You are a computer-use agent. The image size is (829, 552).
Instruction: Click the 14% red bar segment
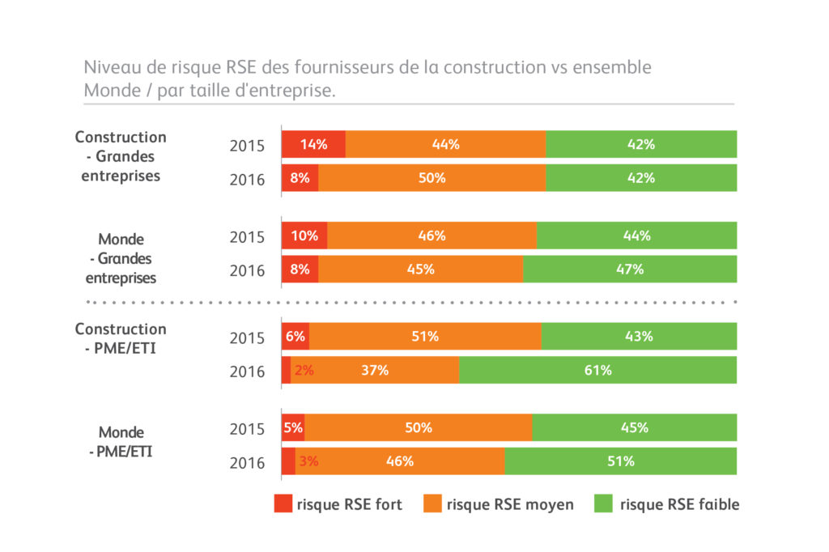coord(313,144)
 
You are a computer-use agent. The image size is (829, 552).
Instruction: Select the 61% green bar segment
coord(598,370)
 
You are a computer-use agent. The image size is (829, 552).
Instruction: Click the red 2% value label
coord(304,371)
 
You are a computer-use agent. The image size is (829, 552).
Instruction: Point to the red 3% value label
coord(308,461)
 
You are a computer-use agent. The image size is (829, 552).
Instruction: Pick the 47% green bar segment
coord(630,269)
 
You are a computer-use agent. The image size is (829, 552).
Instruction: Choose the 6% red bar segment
coord(295,336)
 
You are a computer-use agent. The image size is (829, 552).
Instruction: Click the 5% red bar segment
coord(293,427)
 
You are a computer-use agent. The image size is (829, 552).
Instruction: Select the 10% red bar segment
coord(304,236)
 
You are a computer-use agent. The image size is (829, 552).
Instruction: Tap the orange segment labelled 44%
coord(445,144)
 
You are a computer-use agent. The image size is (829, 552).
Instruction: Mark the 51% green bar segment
coord(621,461)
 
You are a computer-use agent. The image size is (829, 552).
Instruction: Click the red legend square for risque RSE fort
coord(283,503)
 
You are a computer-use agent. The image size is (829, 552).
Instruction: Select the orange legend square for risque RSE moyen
coord(432,503)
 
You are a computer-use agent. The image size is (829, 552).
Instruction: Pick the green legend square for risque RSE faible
coord(604,503)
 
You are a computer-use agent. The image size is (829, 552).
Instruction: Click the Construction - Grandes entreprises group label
coord(121,156)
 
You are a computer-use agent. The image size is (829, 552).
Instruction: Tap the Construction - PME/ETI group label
coord(121,338)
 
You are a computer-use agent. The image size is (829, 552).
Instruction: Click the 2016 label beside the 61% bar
coord(247,372)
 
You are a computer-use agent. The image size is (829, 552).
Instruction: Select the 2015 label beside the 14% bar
coord(247,146)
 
